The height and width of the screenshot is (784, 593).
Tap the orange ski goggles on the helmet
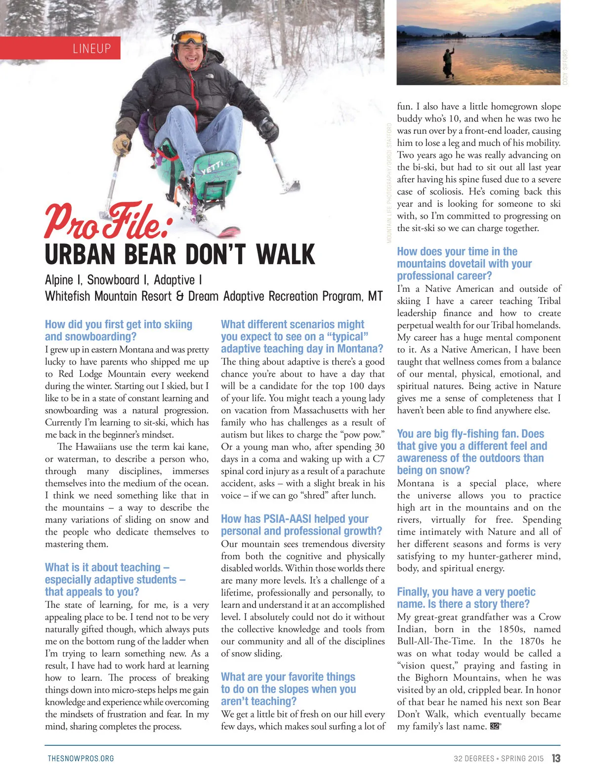point(191,38)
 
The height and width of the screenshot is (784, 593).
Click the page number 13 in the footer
point(556,758)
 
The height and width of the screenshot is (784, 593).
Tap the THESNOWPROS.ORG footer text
point(81,758)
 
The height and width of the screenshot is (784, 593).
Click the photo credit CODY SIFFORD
point(565,67)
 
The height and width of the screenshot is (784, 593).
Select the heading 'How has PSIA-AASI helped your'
point(295,519)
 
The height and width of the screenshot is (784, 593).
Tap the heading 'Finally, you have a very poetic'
point(466,592)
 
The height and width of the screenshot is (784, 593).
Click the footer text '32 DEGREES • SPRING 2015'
point(498,758)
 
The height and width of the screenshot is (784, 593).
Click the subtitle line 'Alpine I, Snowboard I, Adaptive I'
point(124,280)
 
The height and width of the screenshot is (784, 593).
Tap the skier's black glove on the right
point(268,129)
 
